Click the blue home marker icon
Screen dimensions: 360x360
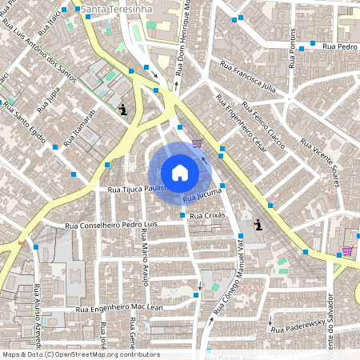click(x=179, y=173)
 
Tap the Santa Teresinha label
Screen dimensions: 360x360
click(x=119, y=7)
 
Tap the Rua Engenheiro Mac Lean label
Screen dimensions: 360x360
click(x=119, y=307)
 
